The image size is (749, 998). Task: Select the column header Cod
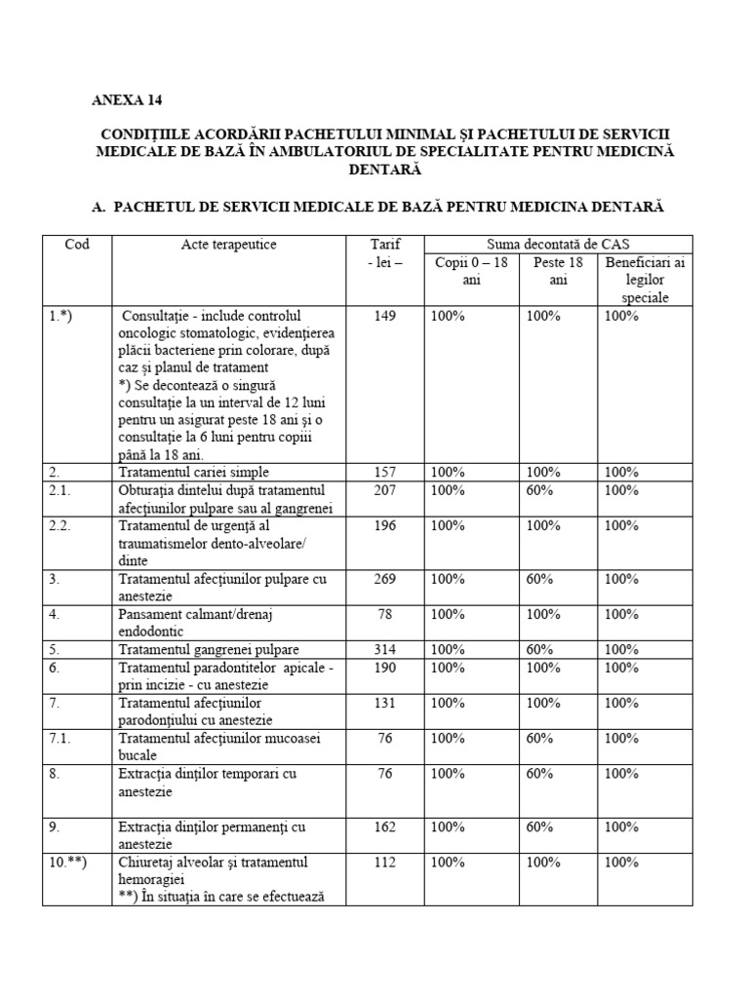[x=77, y=245]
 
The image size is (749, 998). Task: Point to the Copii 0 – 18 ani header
[x=471, y=271]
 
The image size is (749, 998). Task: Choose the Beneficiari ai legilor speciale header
[x=645, y=280]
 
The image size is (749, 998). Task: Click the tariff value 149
[x=385, y=316]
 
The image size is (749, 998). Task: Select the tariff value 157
[x=385, y=472]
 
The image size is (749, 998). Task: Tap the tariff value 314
[x=385, y=649]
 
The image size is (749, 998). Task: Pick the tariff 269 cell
[x=385, y=579]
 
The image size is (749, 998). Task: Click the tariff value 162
[x=385, y=826]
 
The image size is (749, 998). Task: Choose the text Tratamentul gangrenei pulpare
[x=209, y=649]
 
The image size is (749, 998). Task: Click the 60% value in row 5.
[x=543, y=649]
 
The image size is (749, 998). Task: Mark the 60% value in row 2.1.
[x=543, y=489]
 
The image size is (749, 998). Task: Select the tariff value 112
[x=385, y=862]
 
